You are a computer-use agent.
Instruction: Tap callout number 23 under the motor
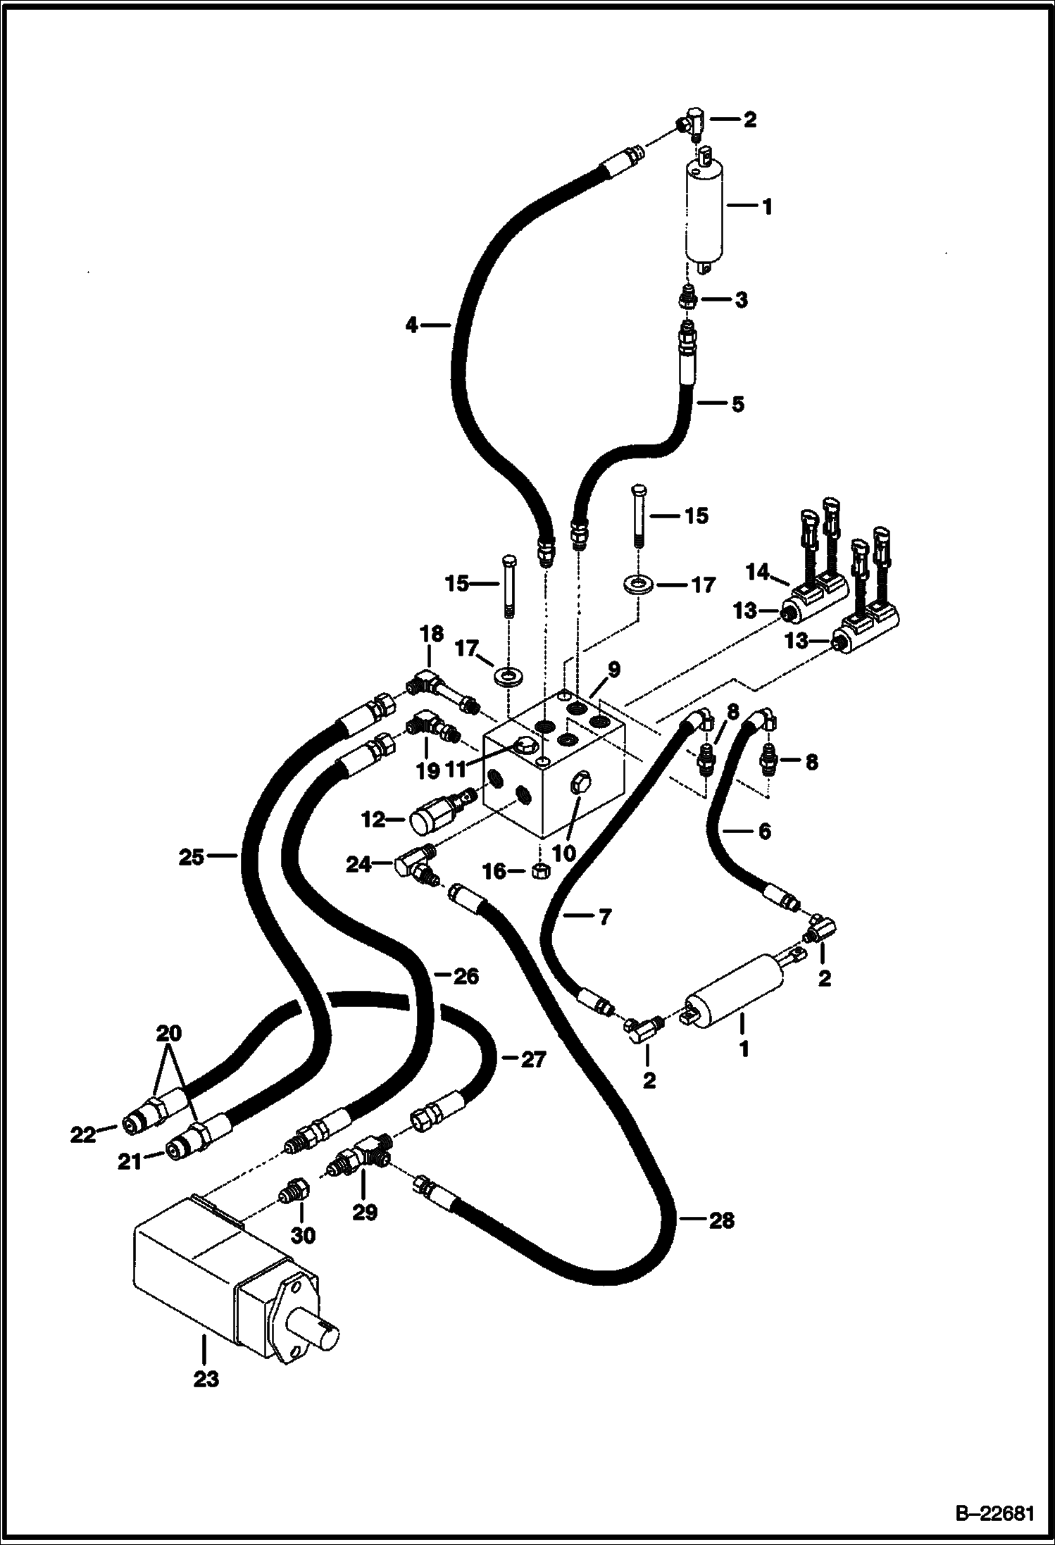206,1378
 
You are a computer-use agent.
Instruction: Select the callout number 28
721,1220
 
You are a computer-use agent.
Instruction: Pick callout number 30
304,1234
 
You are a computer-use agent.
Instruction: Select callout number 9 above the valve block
614,669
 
